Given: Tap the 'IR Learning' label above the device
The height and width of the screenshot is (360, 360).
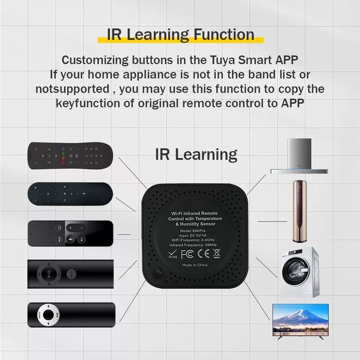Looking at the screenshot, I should [196, 154].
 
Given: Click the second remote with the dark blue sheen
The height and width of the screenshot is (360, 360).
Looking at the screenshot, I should [70, 193].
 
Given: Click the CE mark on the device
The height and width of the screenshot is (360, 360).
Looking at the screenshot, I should [203, 253].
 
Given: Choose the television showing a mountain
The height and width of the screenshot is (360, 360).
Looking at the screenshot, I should [300, 319].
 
